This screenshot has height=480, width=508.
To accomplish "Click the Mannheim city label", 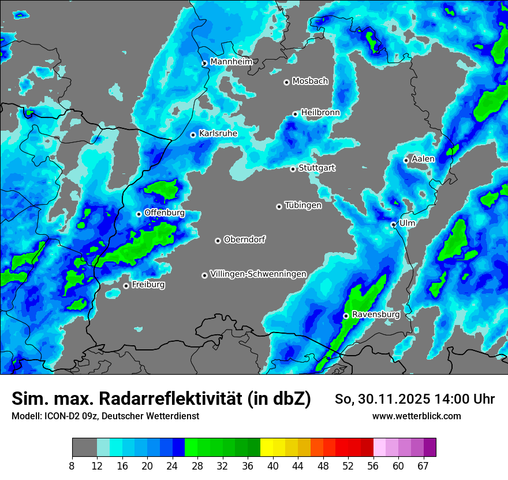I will tap(231, 62).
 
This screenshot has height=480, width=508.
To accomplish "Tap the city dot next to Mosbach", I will tap(286, 82).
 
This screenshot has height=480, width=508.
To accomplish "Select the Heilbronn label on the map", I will tap(320, 113).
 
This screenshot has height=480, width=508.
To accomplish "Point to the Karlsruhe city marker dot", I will tap(193, 135).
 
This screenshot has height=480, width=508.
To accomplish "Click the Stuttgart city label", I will tap(316, 168).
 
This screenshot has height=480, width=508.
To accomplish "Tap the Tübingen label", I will tap(303, 205).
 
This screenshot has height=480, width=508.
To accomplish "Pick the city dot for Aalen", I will tap(406, 160).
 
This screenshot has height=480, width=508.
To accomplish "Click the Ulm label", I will tap(407, 223).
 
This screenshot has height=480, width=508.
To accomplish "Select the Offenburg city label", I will tap(165, 213).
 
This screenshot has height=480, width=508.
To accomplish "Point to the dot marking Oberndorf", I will tap(218, 241).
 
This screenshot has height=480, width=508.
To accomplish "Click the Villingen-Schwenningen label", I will tap(258, 274).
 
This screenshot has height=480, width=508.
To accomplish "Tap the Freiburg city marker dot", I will tap(126, 286).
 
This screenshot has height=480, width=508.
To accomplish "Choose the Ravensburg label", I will tap(375, 315).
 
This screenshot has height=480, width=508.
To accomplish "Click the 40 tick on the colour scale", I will tap(273, 466).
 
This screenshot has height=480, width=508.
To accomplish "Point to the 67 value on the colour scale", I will tap(423, 466).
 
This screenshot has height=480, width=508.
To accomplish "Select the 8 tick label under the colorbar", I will tap(72, 466).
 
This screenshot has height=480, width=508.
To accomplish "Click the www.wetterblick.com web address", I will tap(416, 416).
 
